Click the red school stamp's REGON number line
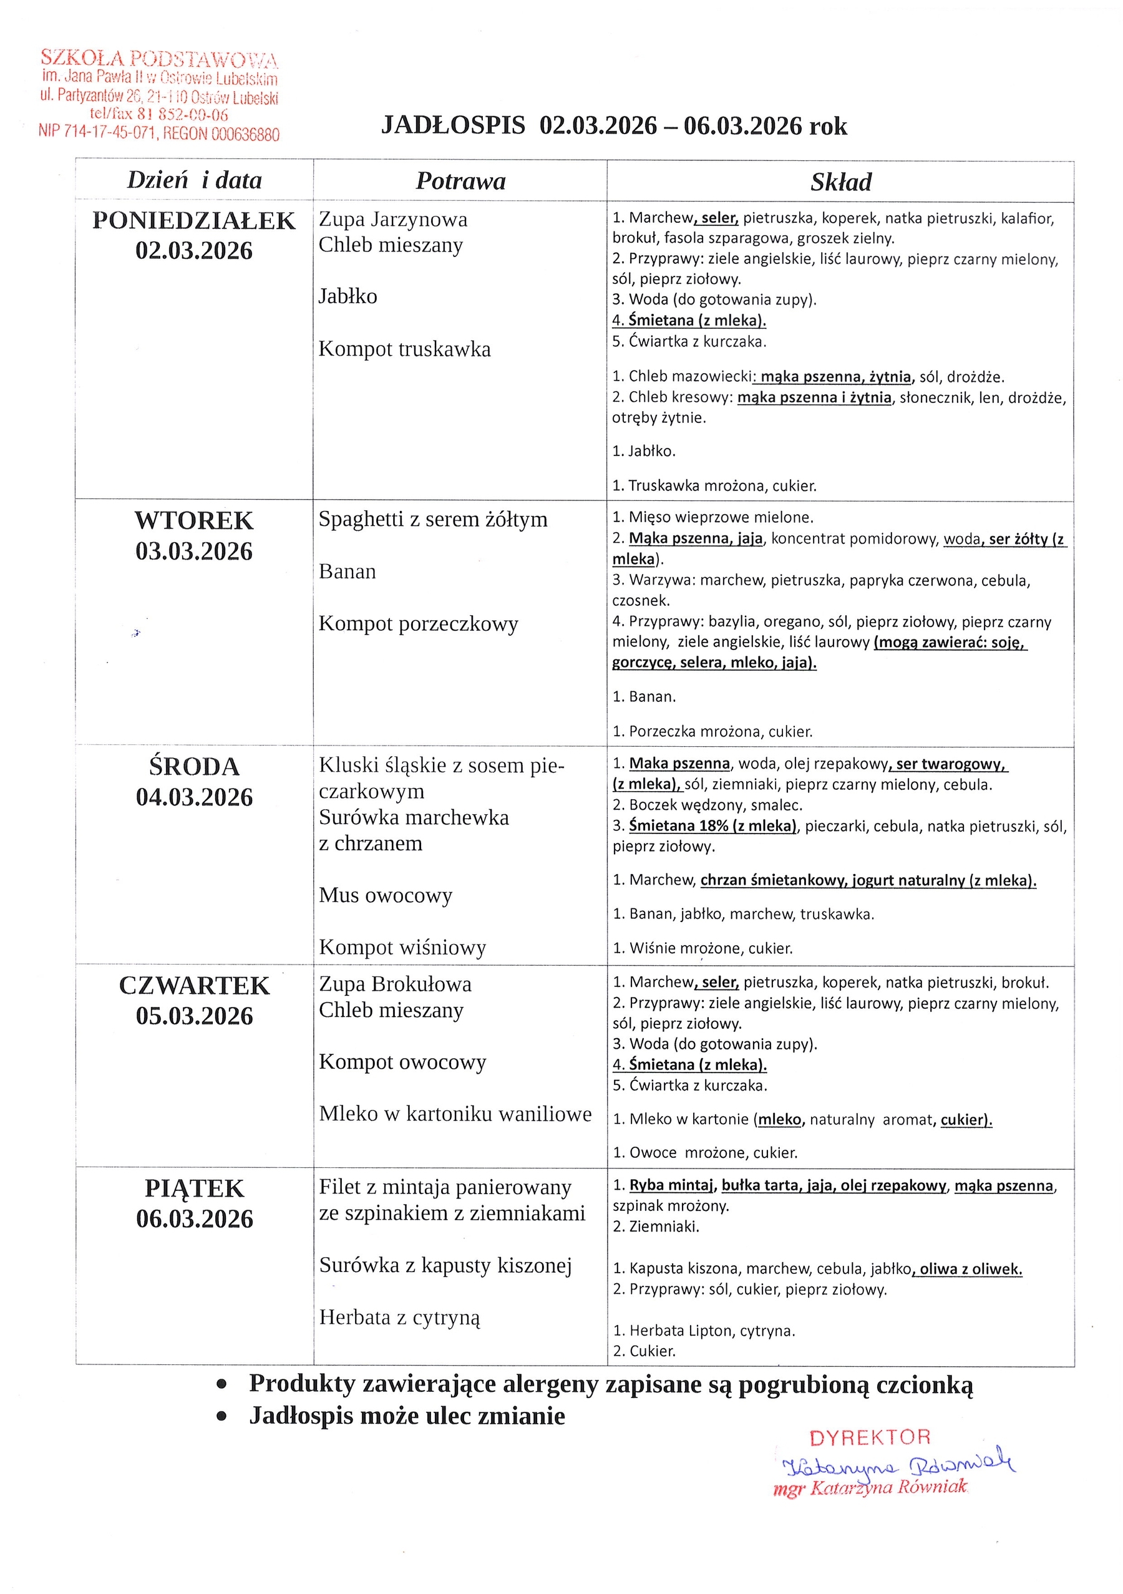click(x=159, y=134)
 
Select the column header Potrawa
click(x=460, y=181)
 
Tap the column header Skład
click(x=840, y=183)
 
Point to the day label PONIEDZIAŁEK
click(x=193, y=221)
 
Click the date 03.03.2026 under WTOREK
click(x=193, y=552)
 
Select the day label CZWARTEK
click(x=193, y=985)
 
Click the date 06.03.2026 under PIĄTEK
click(x=194, y=1218)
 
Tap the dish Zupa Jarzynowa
click(x=393, y=220)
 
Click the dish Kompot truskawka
click(x=404, y=349)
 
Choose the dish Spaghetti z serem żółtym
click(x=432, y=519)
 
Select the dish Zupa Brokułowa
click(x=395, y=984)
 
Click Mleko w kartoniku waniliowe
click(x=455, y=1114)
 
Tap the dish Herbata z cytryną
click(x=399, y=1317)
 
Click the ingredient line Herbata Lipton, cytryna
click(x=704, y=1331)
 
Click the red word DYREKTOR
click(x=870, y=1437)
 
